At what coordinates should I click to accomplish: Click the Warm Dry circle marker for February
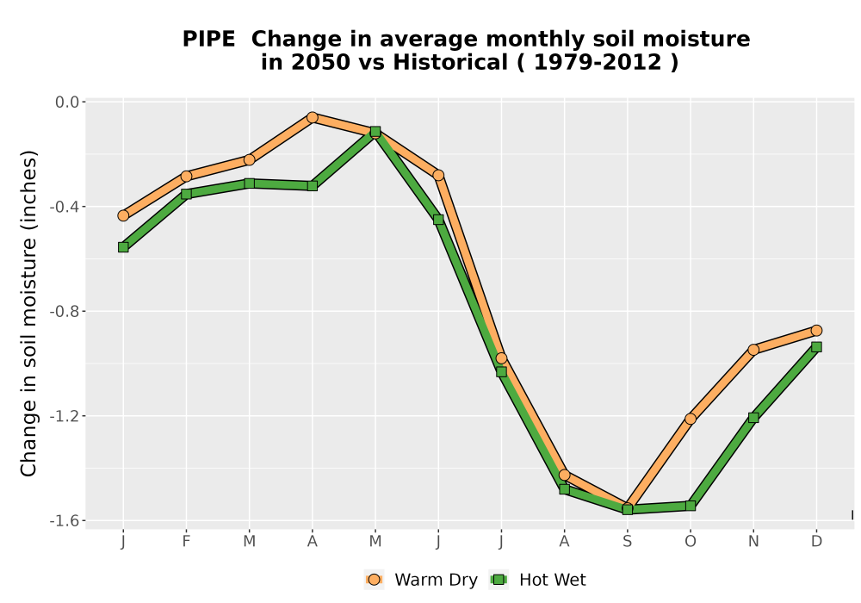(186, 176)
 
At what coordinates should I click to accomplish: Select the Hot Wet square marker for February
(186, 193)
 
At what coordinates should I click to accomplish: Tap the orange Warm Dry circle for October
(691, 419)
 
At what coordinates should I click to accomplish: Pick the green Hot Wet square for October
(691, 506)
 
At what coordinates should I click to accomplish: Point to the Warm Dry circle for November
(753, 349)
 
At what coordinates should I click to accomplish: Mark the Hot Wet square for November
(753, 418)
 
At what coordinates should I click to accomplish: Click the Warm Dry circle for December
(816, 330)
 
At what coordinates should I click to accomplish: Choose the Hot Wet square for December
(816, 346)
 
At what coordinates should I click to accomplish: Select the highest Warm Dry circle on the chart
(313, 117)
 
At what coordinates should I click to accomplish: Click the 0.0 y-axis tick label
(67, 102)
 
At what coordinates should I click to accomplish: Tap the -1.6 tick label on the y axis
(65, 520)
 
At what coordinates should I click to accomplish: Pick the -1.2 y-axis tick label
(65, 416)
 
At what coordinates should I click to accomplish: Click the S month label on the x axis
(627, 542)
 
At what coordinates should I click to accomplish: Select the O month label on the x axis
(691, 542)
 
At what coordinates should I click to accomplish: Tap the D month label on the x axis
(816, 542)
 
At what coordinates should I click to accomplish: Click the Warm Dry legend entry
(421, 580)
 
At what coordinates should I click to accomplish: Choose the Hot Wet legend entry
(538, 580)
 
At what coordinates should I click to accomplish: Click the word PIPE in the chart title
(208, 39)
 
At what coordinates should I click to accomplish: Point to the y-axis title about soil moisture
(28, 313)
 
